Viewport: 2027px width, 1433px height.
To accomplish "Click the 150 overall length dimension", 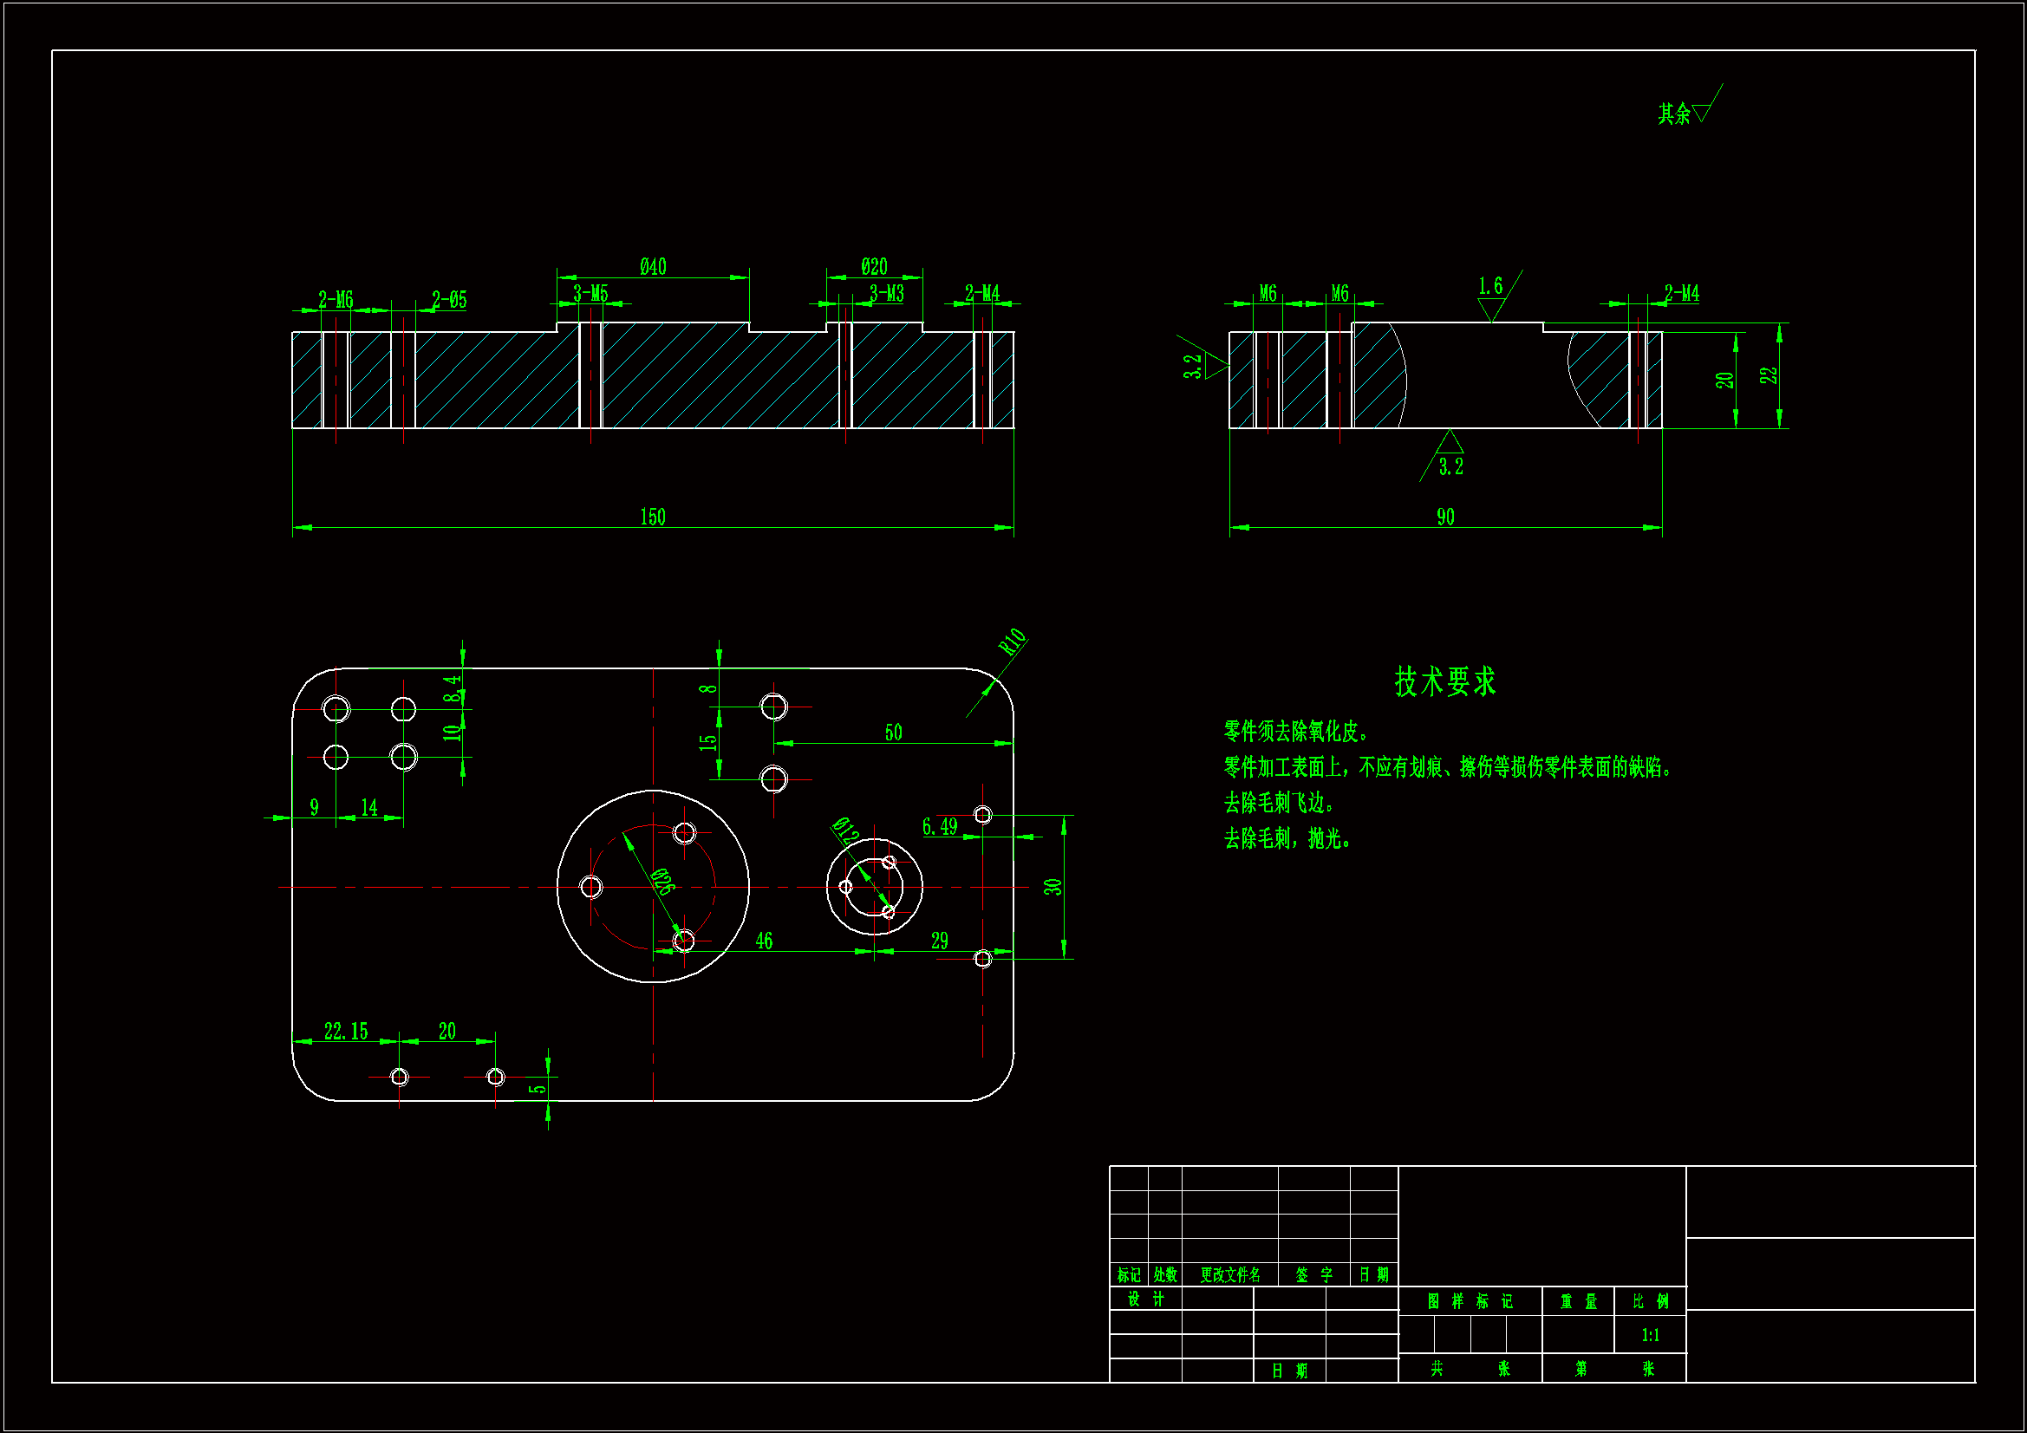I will [653, 517].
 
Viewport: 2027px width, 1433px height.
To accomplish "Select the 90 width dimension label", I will [1445, 517].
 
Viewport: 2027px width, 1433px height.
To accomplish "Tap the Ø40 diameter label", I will [654, 267].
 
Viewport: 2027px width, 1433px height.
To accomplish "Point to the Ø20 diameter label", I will [874, 267].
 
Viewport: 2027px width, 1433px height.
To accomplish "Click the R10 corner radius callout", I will [1013, 641].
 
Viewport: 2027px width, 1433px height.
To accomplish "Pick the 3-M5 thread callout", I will [590, 293].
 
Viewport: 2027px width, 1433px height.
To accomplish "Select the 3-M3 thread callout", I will [886, 293].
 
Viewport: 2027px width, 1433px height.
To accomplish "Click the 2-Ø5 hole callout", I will [449, 300].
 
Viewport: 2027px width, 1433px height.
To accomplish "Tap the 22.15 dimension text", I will [345, 1032].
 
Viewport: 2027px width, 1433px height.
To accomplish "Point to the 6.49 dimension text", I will [939, 826].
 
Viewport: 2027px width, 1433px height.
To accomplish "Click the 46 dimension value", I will [764, 941].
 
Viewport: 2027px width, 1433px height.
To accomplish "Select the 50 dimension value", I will [894, 733].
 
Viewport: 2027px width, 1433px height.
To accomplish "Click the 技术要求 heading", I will [1445, 681].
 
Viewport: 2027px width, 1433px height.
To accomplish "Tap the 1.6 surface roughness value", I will [1490, 286].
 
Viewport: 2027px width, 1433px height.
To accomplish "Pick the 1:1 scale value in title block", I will [1650, 1335].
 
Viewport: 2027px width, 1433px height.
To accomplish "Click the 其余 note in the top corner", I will [1674, 114].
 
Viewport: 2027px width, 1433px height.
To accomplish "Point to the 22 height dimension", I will [1769, 375].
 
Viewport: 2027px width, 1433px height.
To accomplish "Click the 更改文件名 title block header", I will [1229, 1275].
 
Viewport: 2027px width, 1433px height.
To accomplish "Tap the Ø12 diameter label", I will [845, 830].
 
